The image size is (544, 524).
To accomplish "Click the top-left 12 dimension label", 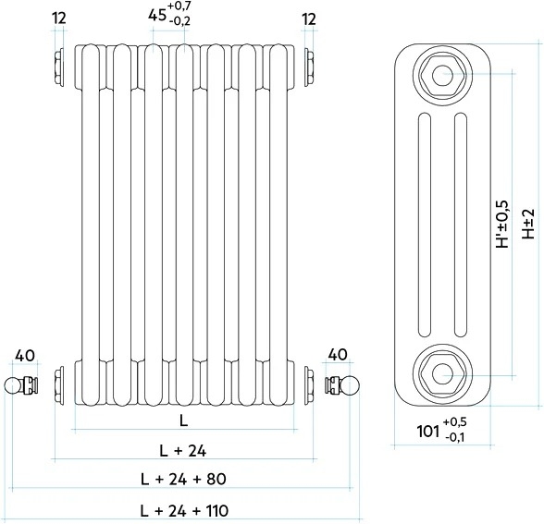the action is tap(59, 18).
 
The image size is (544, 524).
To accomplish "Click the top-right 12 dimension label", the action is tap(309, 19).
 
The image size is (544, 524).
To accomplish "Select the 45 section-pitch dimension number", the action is tap(156, 16).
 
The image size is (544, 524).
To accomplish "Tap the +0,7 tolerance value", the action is tap(179, 6).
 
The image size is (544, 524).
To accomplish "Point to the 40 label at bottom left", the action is tap(25, 356).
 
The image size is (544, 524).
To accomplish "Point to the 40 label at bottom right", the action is tap(338, 355).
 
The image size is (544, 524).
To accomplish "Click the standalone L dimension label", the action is tap(183, 420).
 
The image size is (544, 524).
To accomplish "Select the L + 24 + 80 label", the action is tap(183, 480).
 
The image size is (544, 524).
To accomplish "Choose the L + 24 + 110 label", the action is tap(185, 510).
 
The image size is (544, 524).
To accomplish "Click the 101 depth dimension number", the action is tap(428, 431).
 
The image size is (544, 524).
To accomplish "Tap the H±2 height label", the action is tap(528, 224).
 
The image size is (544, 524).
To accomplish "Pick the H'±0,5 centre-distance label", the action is tap(502, 225).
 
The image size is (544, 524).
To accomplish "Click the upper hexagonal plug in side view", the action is tap(442, 74).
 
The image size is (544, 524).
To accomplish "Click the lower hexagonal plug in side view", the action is tap(442, 373).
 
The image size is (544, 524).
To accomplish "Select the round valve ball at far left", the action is tap(13, 385).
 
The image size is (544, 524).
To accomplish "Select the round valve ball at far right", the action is tap(352, 384).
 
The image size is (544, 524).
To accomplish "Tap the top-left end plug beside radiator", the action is tap(59, 67).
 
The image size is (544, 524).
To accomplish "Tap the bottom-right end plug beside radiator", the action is tap(309, 384).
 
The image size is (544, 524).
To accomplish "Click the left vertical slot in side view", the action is tap(425, 225).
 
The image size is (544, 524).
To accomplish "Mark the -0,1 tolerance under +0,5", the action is tap(455, 438).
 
